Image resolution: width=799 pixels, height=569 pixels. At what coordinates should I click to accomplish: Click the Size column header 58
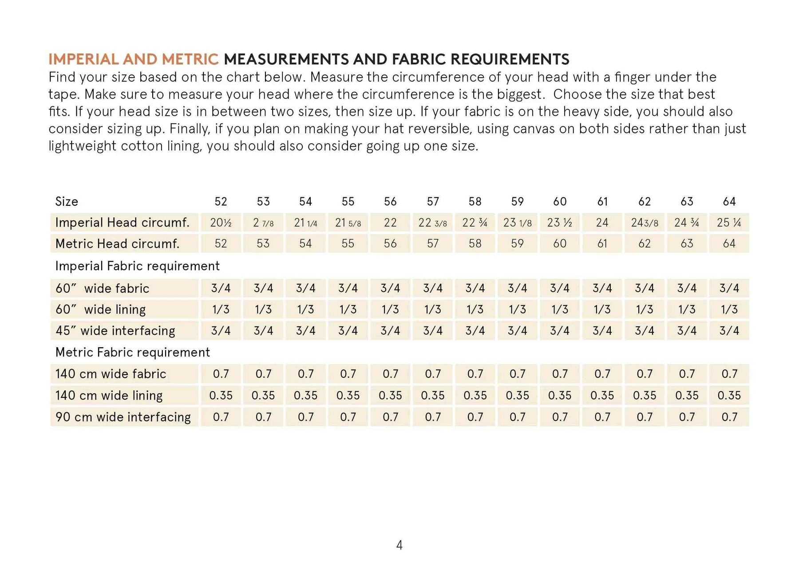click(475, 202)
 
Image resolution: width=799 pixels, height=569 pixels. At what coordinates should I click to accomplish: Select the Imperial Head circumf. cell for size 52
click(221, 223)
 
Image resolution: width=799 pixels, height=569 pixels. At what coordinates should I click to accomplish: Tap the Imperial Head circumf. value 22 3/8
click(432, 223)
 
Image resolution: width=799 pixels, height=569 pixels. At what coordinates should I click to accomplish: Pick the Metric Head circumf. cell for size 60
click(560, 243)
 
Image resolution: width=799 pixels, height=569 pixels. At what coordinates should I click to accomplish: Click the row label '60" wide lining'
click(100, 310)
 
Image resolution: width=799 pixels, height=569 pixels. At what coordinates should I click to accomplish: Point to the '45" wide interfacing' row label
click(115, 331)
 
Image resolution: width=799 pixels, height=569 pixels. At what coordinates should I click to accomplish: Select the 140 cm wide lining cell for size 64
click(729, 395)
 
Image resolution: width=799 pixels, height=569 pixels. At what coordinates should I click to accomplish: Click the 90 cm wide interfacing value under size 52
click(221, 417)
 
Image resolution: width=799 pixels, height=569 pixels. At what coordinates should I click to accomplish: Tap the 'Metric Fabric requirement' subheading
click(132, 353)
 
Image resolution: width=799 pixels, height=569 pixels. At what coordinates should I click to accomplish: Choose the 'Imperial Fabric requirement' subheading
click(137, 266)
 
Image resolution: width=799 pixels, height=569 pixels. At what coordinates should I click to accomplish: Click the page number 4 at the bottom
click(399, 545)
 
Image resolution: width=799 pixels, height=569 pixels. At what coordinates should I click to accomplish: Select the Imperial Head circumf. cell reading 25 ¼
click(729, 223)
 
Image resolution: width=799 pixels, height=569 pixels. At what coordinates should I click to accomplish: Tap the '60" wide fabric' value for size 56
click(390, 288)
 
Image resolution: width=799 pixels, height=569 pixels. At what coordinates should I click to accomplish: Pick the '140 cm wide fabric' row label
click(111, 374)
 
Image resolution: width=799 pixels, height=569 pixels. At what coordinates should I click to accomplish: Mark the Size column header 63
click(687, 202)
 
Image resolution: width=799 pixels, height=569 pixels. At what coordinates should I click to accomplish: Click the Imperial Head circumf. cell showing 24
click(602, 223)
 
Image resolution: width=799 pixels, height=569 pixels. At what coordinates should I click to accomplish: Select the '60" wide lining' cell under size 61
click(602, 310)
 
